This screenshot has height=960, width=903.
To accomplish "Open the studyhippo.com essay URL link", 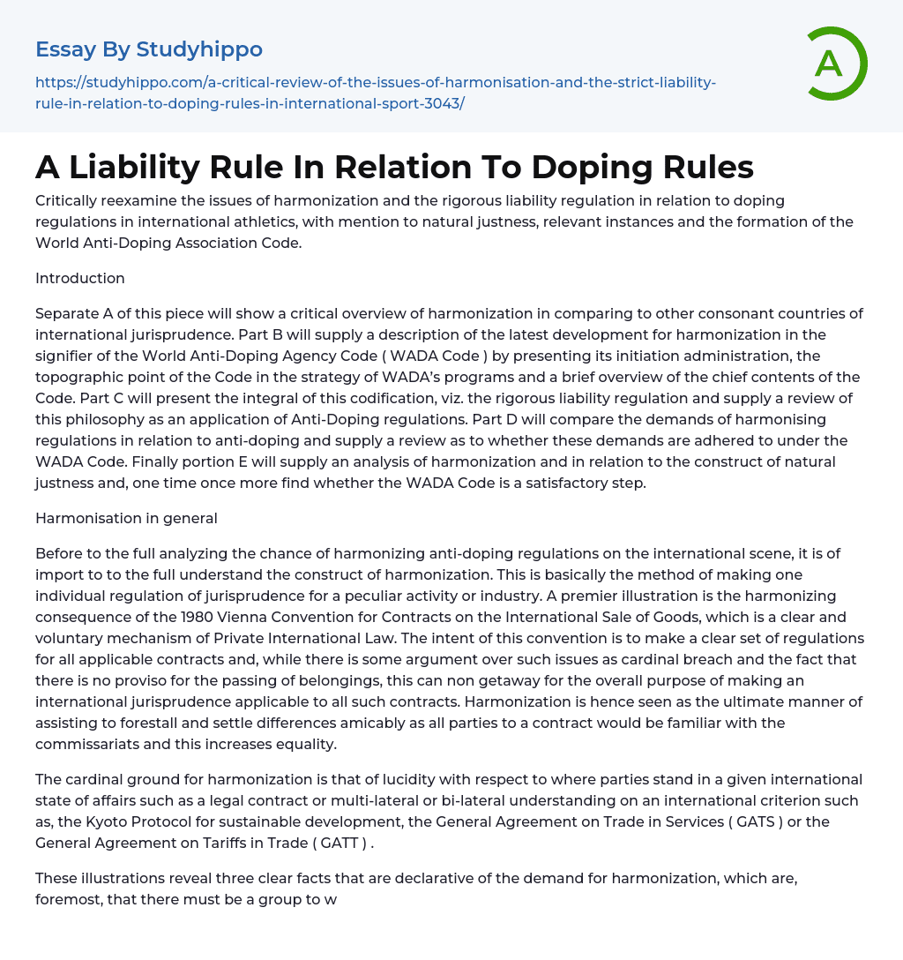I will click(375, 93).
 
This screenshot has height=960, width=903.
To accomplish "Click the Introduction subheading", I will click(80, 278).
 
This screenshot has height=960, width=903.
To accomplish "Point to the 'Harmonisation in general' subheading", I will click(126, 519).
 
